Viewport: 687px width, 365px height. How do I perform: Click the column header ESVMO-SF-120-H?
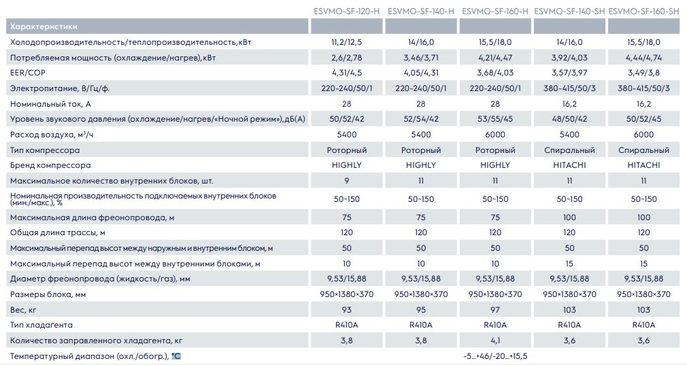tap(347, 12)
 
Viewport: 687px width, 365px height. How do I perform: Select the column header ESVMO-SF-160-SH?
tap(643, 12)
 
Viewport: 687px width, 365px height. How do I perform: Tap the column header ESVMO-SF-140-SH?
tap(569, 12)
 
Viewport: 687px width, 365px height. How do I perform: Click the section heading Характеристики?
tap(43, 27)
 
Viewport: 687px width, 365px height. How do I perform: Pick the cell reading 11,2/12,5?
tap(347, 42)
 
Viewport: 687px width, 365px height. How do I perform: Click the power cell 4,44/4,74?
tap(643, 58)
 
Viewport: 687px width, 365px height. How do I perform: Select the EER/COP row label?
tap(27, 73)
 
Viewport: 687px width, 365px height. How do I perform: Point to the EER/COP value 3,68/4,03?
tap(495, 73)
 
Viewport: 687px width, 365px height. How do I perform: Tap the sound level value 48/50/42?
tap(569, 119)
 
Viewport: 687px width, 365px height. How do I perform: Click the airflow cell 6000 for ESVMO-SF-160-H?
tap(495, 135)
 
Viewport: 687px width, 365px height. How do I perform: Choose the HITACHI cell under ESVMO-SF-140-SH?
tap(569, 165)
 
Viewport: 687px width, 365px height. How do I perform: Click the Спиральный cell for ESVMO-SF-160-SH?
tap(643, 150)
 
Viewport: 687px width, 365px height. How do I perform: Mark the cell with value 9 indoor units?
tap(347, 181)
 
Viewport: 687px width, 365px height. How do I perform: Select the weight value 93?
tap(347, 310)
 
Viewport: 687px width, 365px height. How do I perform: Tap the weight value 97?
tap(495, 310)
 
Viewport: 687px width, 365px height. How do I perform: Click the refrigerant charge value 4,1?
tap(495, 341)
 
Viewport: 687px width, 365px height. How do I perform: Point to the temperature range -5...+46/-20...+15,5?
tap(495, 356)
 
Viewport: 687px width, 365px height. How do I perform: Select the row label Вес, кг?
tap(24, 310)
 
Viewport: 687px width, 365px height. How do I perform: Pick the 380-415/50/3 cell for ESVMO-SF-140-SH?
tap(569, 88)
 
